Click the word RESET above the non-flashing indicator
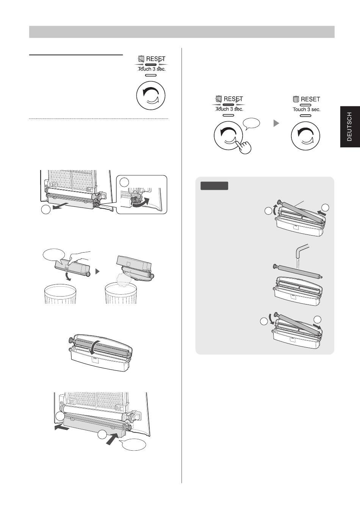click(x=310, y=99)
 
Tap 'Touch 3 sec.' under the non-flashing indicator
click(x=306, y=109)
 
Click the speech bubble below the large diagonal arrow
click(x=133, y=445)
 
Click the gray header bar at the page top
click(x=182, y=32)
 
